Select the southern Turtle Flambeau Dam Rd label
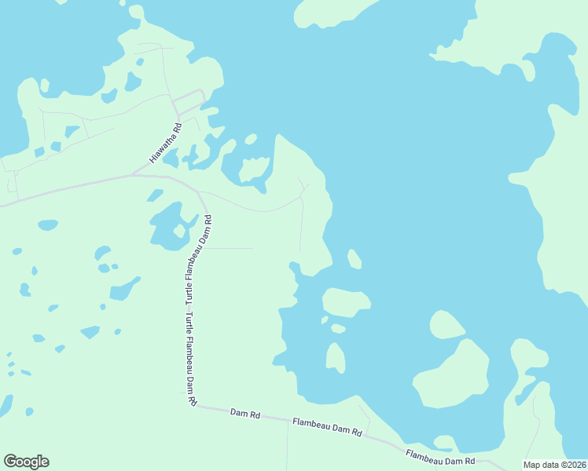[189, 360]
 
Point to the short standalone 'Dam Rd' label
[244, 413]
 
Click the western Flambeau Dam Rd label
[327, 427]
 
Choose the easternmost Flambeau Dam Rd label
[440, 457]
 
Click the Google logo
[26, 462]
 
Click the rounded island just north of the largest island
[447, 324]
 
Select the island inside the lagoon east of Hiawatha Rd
[253, 170]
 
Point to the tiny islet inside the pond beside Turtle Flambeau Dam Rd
[180, 232]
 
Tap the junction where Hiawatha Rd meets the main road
[132, 175]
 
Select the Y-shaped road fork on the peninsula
[303, 188]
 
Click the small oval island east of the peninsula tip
[354, 258]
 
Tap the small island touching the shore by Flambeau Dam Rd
[444, 442]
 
